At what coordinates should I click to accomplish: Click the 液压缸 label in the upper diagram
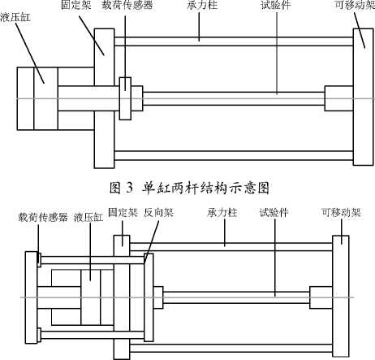click(x=15, y=18)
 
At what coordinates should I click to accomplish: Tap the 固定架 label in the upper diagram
click(x=76, y=5)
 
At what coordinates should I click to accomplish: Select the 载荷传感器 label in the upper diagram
click(x=127, y=5)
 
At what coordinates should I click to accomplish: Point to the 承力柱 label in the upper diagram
click(x=202, y=5)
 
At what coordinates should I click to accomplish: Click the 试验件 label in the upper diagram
click(x=276, y=5)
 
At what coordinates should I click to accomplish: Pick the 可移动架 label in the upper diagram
click(x=355, y=5)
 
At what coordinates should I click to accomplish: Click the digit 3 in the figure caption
click(x=129, y=188)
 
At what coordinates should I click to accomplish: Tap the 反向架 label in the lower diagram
click(x=158, y=213)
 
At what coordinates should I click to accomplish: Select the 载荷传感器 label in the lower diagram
click(x=43, y=217)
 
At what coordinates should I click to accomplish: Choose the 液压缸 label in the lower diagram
click(x=88, y=217)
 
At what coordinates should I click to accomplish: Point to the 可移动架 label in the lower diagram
click(x=341, y=213)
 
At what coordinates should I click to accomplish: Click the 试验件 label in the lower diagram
click(x=274, y=213)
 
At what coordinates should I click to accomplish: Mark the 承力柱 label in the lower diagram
click(x=222, y=213)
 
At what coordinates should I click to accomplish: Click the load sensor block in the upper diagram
click(x=125, y=98)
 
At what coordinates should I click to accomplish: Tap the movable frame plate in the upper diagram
click(x=364, y=97)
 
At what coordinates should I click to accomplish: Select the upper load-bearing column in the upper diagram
click(x=234, y=41)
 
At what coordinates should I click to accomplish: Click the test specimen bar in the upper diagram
click(x=234, y=98)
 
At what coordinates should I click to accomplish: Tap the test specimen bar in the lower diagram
click(x=236, y=297)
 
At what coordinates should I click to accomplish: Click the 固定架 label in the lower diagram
click(x=123, y=213)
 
